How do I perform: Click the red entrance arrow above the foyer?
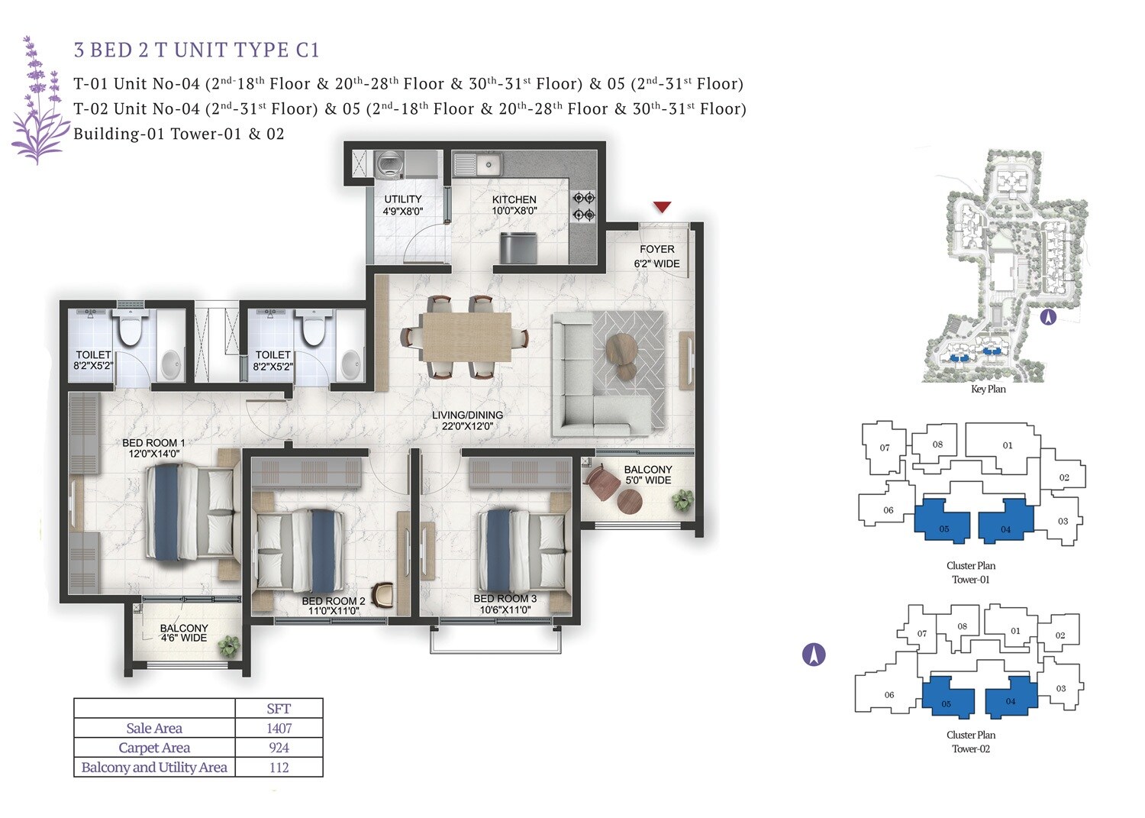[x=662, y=207]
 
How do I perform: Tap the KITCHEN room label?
[x=514, y=199]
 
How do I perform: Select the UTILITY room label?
[x=403, y=199]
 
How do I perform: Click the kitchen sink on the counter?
[x=477, y=163]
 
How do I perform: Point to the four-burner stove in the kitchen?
[x=584, y=206]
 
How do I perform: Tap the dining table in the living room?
[x=466, y=337]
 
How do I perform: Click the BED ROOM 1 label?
[x=153, y=443]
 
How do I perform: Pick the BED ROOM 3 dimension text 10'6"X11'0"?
[x=505, y=610]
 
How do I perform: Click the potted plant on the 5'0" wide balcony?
[x=681, y=501]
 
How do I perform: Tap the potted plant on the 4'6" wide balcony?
[x=227, y=647]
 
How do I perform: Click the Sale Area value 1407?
[x=279, y=728]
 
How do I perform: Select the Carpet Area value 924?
[x=279, y=748]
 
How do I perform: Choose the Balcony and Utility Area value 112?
[x=279, y=768]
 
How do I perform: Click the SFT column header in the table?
[x=279, y=708]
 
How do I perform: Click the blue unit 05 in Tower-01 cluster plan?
[x=943, y=523]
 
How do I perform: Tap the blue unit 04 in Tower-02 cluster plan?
[x=1010, y=698]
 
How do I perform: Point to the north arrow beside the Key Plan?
[x=1048, y=316]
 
